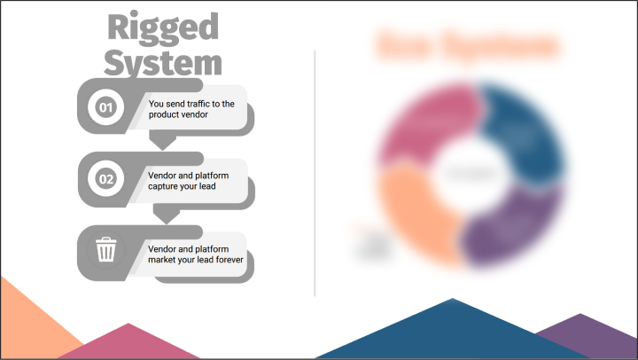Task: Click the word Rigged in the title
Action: coord(162,27)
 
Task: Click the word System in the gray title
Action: coord(162,62)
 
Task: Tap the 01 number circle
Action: coord(105,108)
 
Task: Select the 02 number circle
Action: coord(105,179)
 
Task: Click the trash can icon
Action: coord(105,250)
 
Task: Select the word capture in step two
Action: coord(167,186)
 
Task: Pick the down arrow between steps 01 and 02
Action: coord(162,141)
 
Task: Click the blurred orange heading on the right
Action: coord(467,45)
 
